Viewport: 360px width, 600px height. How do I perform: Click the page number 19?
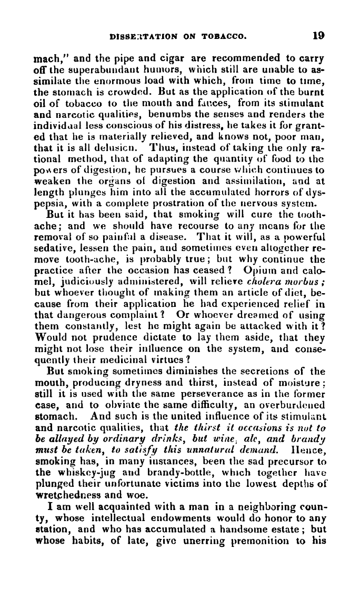pos(317,36)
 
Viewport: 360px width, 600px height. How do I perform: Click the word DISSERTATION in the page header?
pos(137,37)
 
